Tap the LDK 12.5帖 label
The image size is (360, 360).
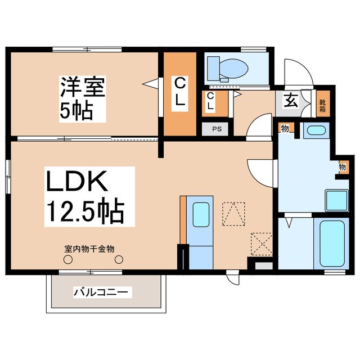(x=84, y=196)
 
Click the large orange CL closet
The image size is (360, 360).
(x=180, y=94)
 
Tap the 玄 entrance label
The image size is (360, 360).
(x=290, y=101)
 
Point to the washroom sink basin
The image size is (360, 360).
(x=315, y=132)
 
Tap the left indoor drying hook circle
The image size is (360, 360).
(x=69, y=260)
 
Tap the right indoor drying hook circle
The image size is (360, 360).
(x=119, y=260)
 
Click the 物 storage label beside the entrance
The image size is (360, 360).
(x=285, y=129)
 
